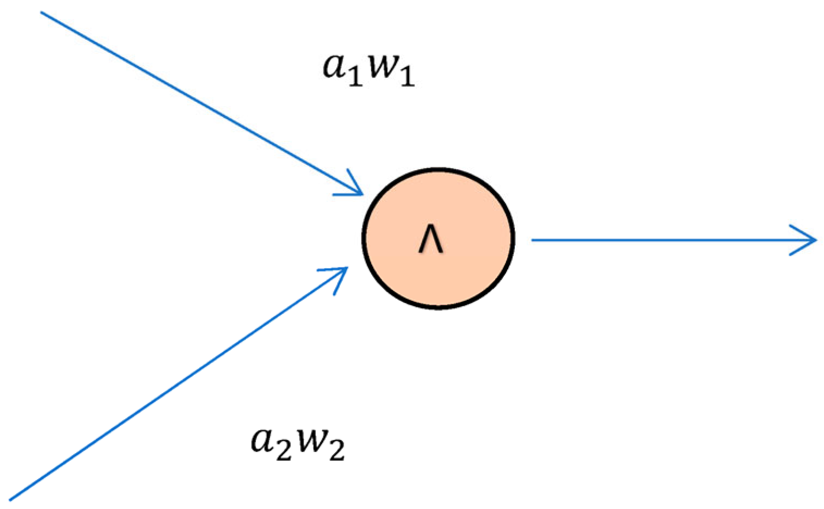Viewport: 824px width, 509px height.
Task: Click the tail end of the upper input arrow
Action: (x=42, y=13)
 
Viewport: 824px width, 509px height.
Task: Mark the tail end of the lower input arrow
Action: (x=11, y=499)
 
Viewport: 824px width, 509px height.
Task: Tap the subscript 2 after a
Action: (x=283, y=451)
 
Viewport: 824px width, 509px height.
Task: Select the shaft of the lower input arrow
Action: (x=174, y=386)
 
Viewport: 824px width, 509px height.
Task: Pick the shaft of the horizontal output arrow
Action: (x=663, y=240)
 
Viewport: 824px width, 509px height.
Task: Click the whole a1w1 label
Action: (x=369, y=69)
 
